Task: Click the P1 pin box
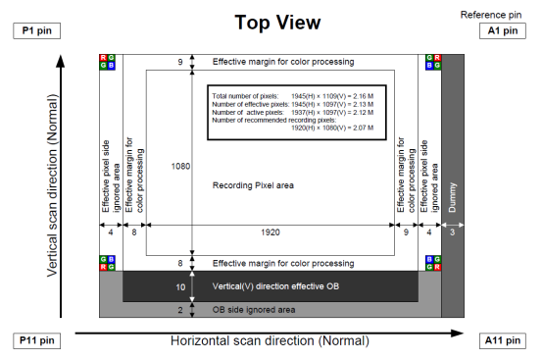(36, 30)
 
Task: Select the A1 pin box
(503, 30)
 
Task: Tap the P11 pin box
(36, 340)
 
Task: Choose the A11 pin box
(503, 340)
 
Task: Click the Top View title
(277, 23)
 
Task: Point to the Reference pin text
(491, 15)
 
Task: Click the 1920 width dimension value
(271, 232)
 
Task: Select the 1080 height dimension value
(180, 167)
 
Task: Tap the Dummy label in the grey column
(452, 197)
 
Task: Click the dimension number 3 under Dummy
(452, 232)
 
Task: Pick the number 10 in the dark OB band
(180, 287)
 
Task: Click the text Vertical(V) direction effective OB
(275, 286)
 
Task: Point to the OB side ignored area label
(254, 310)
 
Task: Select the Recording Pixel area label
(253, 185)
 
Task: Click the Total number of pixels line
(293, 96)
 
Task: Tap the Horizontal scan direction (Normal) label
(270, 341)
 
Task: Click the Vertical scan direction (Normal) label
(52, 185)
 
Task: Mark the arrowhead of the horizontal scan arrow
(458, 334)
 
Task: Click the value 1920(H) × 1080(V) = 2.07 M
(332, 128)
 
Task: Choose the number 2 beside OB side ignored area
(180, 310)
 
